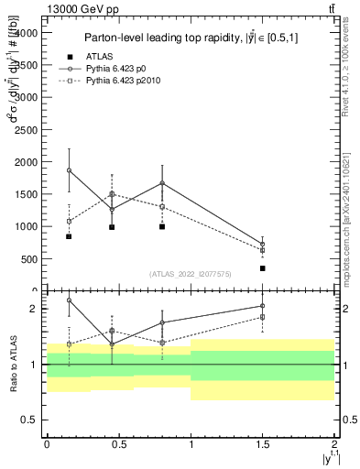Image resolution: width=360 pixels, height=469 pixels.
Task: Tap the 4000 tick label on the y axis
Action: [26, 33]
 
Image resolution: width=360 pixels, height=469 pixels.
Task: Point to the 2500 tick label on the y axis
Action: [26, 129]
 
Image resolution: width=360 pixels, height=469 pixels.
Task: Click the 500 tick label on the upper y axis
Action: [29, 258]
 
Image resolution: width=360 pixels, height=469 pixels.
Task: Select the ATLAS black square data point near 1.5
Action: [263, 268]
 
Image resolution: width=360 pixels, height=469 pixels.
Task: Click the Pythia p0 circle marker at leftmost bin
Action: [69, 170]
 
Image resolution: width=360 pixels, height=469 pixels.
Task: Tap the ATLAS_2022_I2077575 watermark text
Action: [190, 273]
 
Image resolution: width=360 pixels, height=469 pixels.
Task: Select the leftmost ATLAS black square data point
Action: [69, 236]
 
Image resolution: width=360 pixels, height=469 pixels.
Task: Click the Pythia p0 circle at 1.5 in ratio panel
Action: [263, 306]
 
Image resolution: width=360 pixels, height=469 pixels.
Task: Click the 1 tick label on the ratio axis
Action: [35, 365]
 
